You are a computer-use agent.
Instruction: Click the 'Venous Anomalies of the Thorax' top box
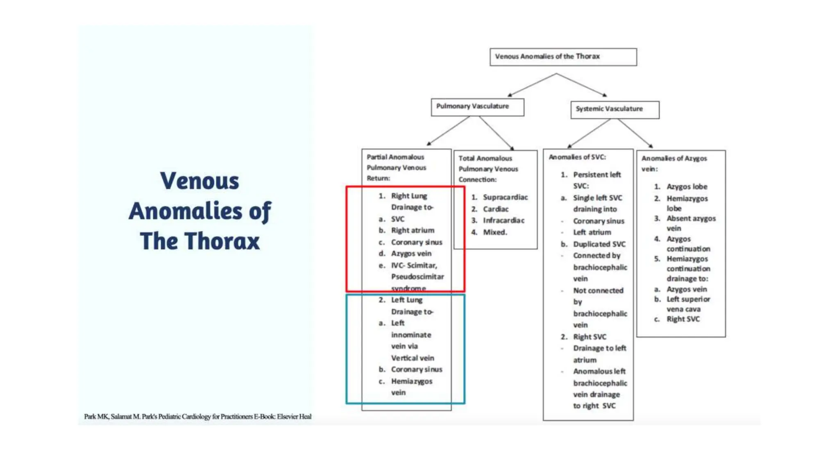click(x=563, y=57)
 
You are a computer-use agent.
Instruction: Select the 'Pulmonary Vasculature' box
click(x=477, y=107)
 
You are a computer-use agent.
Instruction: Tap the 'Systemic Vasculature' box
click(x=615, y=109)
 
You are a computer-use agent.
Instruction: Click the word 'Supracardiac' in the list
click(x=505, y=197)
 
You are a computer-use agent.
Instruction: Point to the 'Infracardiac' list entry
click(x=503, y=220)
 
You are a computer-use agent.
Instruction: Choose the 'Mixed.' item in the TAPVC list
click(x=495, y=232)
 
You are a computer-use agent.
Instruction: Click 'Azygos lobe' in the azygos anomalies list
click(x=687, y=187)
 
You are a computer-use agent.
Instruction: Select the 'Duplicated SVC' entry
click(x=599, y=244)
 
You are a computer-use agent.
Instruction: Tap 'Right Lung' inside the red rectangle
click(x=409, y=196)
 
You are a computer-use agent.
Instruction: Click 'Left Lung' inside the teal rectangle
click(x=406, y=300)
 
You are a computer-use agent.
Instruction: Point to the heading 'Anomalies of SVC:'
click(x=577, y=157)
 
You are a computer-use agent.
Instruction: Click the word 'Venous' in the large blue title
click(x=200, y=181)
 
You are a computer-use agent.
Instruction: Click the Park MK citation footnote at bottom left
click(x=197, y=417)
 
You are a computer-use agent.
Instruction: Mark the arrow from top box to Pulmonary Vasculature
click(x=531, y=85)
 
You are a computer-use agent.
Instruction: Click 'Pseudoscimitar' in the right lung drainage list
click(x=417, y=277)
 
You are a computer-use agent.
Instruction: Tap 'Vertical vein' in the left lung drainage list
click(x=412, y=358)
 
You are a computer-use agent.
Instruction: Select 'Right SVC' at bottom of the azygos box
click(x=683, y=319)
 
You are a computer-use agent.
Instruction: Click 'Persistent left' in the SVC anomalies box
click(x=596, y=175)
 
